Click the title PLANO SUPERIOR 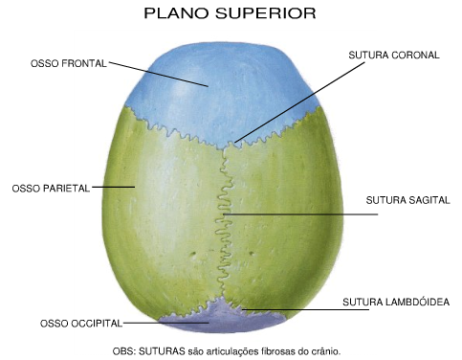point(229,14)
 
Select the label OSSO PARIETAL point(50,189)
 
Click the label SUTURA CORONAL point(393,56)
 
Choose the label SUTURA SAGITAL point(407,200)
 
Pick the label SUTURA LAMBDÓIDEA point(395,303)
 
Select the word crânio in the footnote point(323,351)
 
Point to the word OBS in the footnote point(123,351)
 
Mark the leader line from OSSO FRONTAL point(158,75)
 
